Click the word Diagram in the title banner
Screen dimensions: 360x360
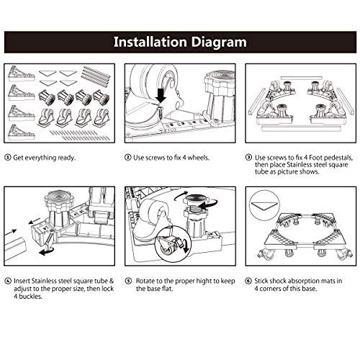[219, 42]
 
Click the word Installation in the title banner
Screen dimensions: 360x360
[150, 42]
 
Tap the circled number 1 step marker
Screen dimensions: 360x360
[8, 158]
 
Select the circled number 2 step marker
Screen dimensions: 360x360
[127, 158]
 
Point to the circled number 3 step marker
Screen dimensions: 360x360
[248, 158]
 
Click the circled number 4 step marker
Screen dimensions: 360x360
[8, 281]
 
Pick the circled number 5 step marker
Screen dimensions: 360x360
[129, 281]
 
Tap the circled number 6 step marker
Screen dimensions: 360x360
[248, 281]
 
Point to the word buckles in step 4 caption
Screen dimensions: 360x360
[30, 297]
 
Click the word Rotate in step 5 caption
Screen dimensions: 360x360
[145, 281]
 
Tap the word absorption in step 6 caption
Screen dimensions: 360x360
[305, 281]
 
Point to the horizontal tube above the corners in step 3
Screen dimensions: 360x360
[301, 78]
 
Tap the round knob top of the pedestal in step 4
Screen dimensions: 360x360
[57, 197]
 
